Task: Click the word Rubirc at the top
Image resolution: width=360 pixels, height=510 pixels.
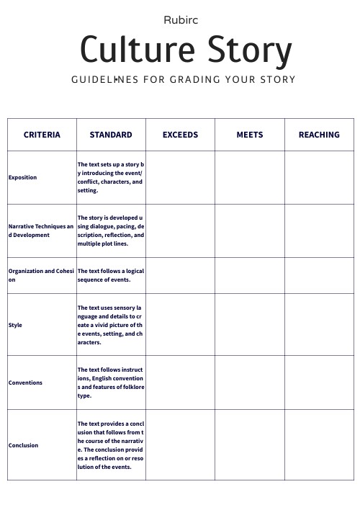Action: pyautogui.click(x=181, y=20)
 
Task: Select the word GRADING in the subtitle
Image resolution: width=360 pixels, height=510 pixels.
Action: pyautogui.click(x=194, y=79)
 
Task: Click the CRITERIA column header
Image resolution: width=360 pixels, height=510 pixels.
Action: pyautogui.click(x=42, y=135)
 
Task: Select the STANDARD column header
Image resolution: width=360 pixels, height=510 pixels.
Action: pyautogui.click(x=111, y=135)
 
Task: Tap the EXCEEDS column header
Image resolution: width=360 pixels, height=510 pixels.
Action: pyautogui.click(x=180, y=135)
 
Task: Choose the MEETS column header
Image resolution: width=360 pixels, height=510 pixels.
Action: pyautogui.click(x=250, y=135)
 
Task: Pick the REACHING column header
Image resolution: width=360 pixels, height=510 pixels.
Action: pyautogui.click(x=319, y=135)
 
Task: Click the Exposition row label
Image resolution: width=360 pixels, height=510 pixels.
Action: pyautogui.click(x=22, y=177)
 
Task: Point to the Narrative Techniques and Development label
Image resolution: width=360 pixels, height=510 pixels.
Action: pyautogui.click(x=40, y=231)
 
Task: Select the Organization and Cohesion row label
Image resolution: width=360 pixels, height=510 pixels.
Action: pyautogui.click(x=40, y=275)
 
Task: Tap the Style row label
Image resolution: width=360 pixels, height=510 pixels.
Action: pyautogui.click(x=15, y=325)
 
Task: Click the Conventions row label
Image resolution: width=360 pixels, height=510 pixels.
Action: pyautogui.click(x=25, y=382)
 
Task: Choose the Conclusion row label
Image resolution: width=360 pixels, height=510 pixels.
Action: pyautogui.click(x=23, y=445)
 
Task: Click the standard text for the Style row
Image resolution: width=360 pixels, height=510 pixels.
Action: pyautogui.click(x=111, y=325)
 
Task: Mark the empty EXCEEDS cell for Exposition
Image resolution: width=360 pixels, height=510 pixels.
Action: pyautogui.click(x=180, y=177)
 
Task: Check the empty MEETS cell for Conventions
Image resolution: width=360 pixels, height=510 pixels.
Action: pyautogui.click(x=250, y=382)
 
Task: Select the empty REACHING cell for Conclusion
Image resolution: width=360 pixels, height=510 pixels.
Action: pyautogui.click(x=319, y=445)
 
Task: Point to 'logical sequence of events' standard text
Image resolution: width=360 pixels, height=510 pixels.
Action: pyautogui.click(x=111, y=275)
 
